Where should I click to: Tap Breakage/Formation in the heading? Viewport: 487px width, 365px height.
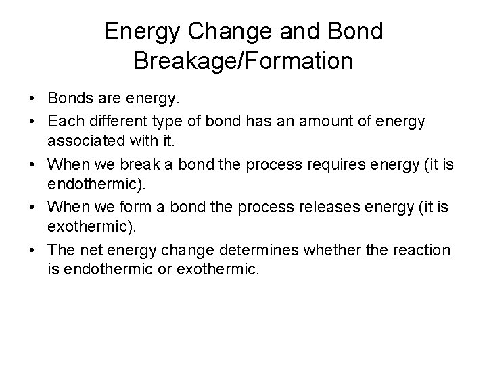coord(243,61)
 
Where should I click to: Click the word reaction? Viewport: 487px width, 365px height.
coord(419,250)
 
